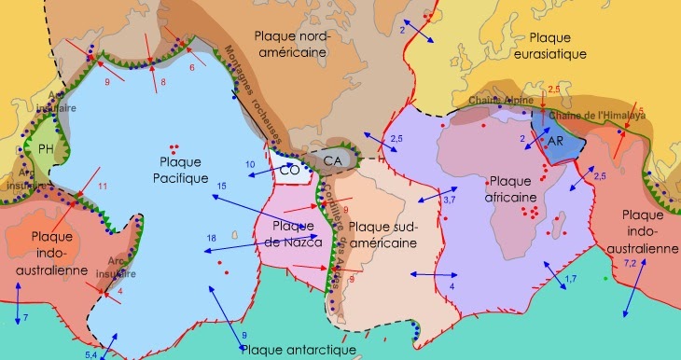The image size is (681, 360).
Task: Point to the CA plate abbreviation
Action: [331, 162]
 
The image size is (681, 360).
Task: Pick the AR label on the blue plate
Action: [556, 141]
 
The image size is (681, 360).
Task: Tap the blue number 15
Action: [222, 187]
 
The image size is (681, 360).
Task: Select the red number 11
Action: [104, 187]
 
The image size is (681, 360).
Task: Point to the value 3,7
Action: [449, 200]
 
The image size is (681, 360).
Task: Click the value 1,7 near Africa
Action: [572, 279]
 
